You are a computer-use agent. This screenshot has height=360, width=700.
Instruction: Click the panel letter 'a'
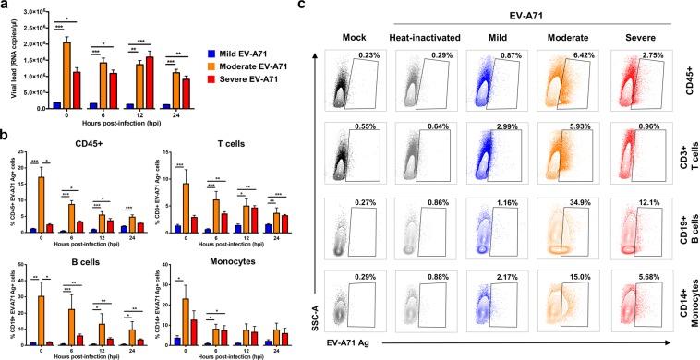(6, 7)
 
